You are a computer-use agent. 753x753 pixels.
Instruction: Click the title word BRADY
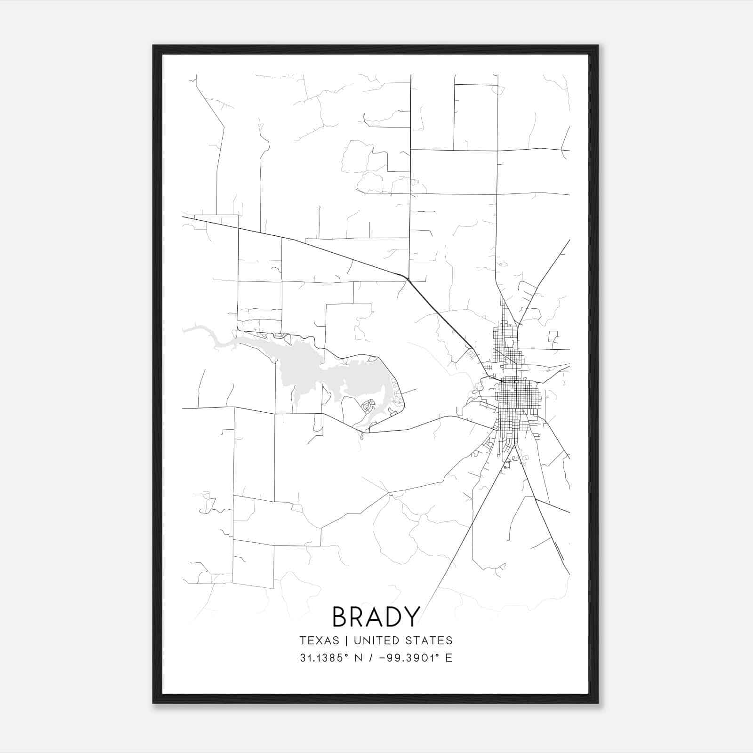[x=376, y=617]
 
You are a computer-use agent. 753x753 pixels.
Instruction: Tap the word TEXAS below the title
[x=319, y=641]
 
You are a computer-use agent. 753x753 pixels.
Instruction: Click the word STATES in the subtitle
[x=432, y=641]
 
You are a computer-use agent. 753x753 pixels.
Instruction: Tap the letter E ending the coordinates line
[x=448, y=658]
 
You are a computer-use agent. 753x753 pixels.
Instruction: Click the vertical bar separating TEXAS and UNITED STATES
[x=346, y=641]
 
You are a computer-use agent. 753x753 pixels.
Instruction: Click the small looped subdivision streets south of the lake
[x=367, y=406]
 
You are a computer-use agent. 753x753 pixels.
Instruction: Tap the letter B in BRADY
[x=341, y=617]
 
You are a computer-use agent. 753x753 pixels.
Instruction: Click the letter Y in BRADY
[x=411, y=617]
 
